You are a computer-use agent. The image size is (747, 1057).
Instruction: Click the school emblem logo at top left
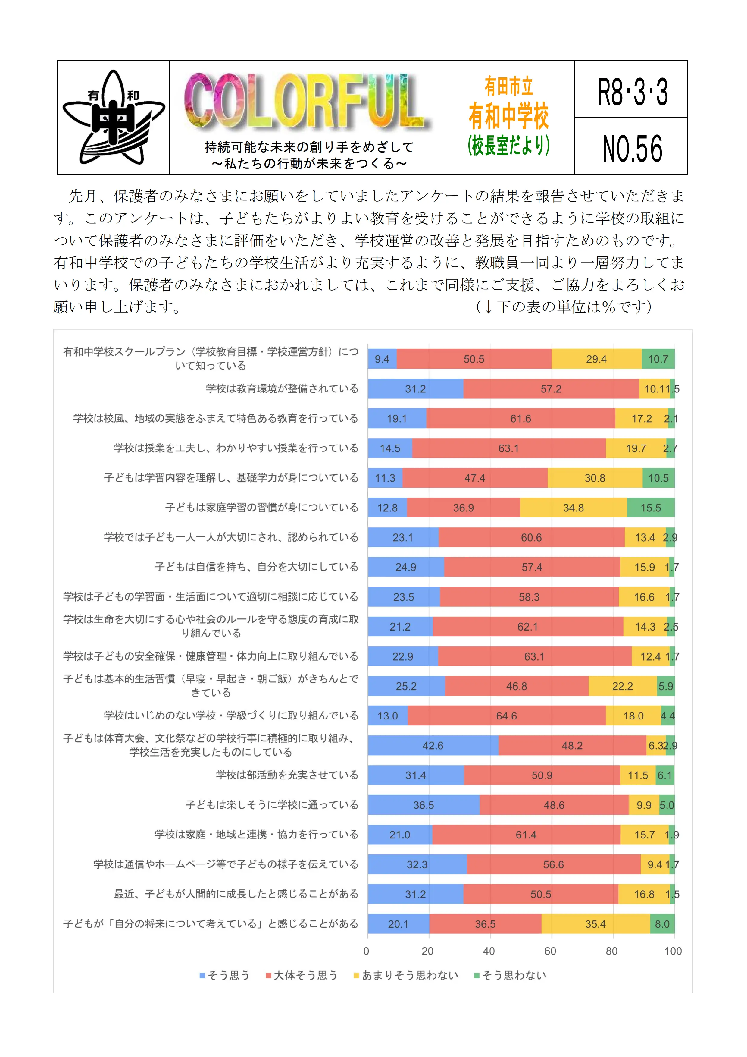[113, 117]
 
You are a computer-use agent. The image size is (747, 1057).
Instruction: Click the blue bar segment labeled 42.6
[433, 745]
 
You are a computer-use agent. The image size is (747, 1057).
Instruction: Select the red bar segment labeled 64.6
[506, 716]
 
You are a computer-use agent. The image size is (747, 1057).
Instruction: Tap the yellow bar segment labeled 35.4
[595, 924]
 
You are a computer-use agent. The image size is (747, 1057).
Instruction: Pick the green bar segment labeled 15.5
[650, 508]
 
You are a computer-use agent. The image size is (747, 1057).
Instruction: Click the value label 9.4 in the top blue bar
[382, 359]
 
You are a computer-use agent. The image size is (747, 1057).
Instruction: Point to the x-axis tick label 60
[550, 951]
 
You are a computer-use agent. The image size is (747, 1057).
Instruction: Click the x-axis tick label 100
[673, 951]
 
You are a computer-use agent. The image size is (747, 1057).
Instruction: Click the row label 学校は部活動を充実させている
[287, 775]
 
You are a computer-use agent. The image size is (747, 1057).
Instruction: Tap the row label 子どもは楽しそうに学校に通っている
[272, 805]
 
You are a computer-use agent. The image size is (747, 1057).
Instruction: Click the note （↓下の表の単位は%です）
[564, 307]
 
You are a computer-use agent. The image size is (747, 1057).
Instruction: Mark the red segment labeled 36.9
[463, 508]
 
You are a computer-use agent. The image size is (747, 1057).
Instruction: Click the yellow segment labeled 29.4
[596, 359]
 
